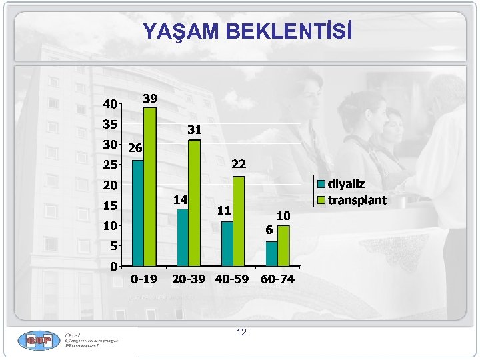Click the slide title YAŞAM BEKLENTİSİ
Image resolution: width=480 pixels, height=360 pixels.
tap(247, 32)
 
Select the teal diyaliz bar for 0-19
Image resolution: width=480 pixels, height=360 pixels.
tap(138, 213)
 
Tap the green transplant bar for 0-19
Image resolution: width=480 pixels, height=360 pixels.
tap(150, 187)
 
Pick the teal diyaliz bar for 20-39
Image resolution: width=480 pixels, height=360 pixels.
tap(182, 237)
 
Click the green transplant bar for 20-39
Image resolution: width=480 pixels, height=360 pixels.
tap(194, 203)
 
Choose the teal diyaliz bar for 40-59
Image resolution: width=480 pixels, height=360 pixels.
tap(227, 243)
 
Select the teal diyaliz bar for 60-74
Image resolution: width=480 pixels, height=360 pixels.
tap(271, 253)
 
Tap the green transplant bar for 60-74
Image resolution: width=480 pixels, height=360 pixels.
tap(283, 245)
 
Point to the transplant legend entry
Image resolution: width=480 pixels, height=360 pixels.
tap(352, 199)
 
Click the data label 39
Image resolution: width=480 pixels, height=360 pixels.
tap(150, 98)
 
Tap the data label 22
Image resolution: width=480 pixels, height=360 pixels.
tap(239, 164)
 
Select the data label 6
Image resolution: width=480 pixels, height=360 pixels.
tap(269, 230)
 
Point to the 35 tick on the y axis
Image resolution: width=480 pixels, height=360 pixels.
tap(109, 124)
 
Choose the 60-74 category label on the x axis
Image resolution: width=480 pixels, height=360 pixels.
tap(277, 279)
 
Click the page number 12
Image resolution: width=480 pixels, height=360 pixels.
tap(241, 331)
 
